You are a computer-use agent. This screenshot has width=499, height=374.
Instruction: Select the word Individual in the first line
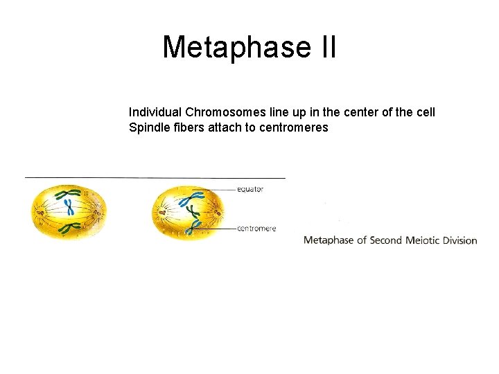[155, 112]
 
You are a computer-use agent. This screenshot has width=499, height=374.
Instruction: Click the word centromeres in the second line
[293, 127]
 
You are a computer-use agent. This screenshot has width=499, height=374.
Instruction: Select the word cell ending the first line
[425, 112]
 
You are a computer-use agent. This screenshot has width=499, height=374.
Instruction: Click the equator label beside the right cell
[250, 189]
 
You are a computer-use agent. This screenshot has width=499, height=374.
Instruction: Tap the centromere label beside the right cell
[256, 229]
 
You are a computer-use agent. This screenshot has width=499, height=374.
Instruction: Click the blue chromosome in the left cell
[69, 206]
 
